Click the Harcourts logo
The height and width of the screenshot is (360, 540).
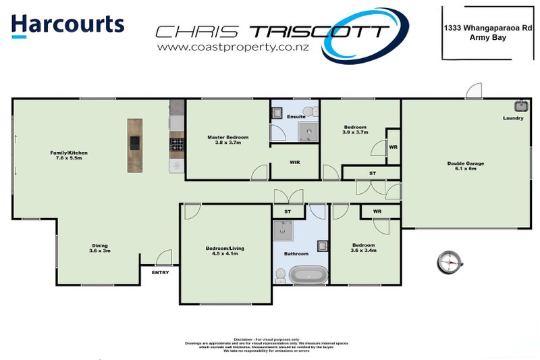coord(68,24)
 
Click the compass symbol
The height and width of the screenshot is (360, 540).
coord(450,261)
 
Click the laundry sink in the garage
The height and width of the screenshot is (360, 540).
coord(521,105)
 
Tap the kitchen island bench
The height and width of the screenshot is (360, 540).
coord(135,145)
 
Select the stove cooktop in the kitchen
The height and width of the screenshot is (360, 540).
coord(177,145)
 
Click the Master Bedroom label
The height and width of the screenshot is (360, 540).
coord(228,140)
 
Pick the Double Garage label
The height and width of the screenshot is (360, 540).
coord(466,165)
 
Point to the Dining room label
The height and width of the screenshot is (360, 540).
coord(99,248)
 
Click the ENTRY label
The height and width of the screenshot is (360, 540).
coord(160,273)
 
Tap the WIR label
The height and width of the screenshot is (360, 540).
coord(294,163)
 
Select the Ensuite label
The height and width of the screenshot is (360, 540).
coord(296,117)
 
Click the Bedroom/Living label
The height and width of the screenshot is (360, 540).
coord(225,251)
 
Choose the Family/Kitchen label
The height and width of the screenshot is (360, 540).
coord(69,155)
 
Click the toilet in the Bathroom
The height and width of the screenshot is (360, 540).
coord(280,274)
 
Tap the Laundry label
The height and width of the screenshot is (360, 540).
coord(513,119)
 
